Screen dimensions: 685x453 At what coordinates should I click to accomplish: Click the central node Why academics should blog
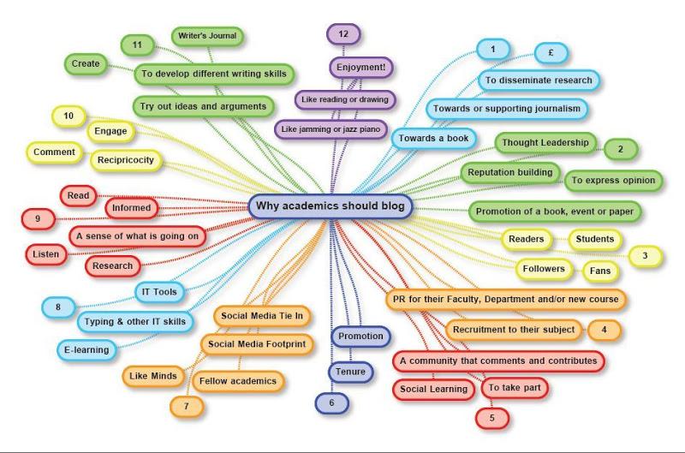[x=331, y=206]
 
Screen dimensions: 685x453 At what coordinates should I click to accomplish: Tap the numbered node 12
[x=343, y=34]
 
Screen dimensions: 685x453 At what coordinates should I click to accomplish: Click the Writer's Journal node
[x=207, y=36]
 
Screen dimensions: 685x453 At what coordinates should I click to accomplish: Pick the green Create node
[x=86, y=63]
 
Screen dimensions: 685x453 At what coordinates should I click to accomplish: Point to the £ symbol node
[x=553, y=51]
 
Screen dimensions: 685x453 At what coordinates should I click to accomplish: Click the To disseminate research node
[x=539, y=80]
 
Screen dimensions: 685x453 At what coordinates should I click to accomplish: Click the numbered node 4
[x=604, y=329]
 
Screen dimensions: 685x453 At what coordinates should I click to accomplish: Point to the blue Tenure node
[x=350, y=372]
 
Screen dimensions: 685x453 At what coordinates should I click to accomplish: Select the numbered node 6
[x=331, y=402]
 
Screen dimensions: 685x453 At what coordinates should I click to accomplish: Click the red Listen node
[x=44, y=255]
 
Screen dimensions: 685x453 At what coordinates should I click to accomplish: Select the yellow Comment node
[x=55, y=152]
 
